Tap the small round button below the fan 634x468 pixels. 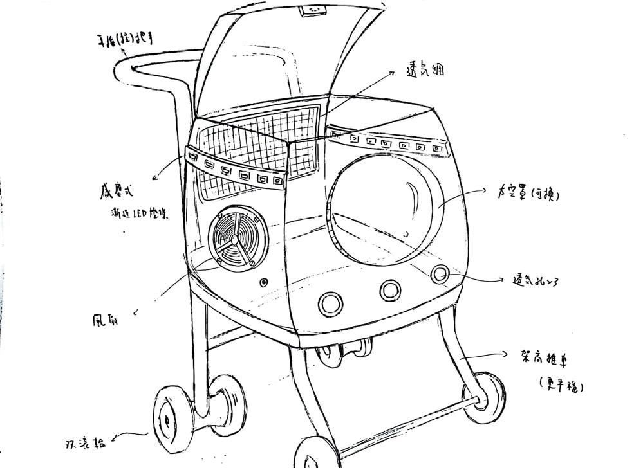[264, 282]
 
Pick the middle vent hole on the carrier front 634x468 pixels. [389, 290]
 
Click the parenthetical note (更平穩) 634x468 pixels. [562, 386]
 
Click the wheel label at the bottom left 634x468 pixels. [85, 444]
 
